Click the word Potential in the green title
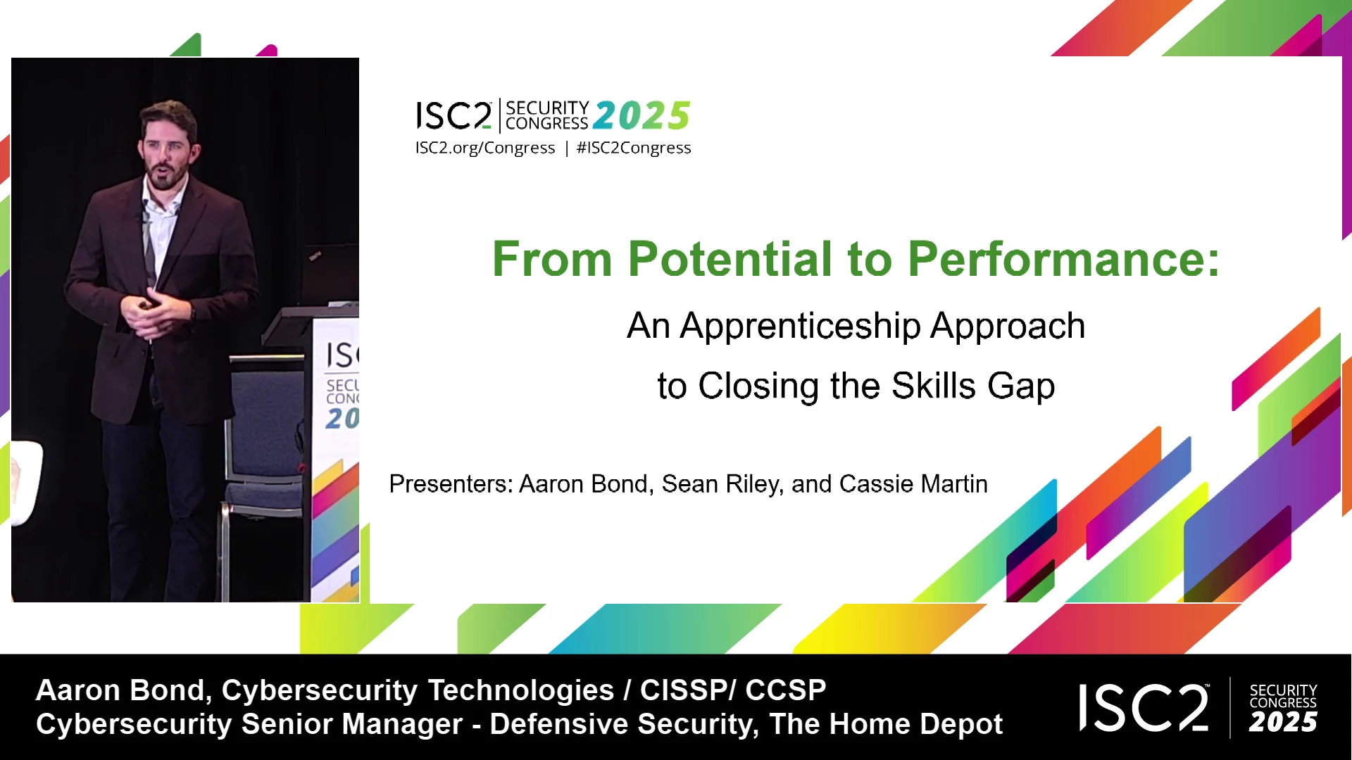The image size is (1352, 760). [730, 259]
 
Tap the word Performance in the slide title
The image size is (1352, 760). [1063, 259]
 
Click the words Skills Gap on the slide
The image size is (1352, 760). [973, 386]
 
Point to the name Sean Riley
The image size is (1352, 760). [722, 484]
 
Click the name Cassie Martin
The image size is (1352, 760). [913, 484]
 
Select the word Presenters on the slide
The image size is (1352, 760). [451, 484]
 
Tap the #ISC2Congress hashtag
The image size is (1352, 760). [634, 148]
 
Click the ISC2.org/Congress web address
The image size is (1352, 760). [485, 148]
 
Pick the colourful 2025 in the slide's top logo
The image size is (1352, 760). [641, 116]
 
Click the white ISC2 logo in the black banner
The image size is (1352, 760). [1144, 707]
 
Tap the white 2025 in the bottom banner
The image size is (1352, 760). [1283, 722]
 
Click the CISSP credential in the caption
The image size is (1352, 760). [682, 690]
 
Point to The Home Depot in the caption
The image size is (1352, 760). [886, 724]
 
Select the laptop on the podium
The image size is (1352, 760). [328, 274]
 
